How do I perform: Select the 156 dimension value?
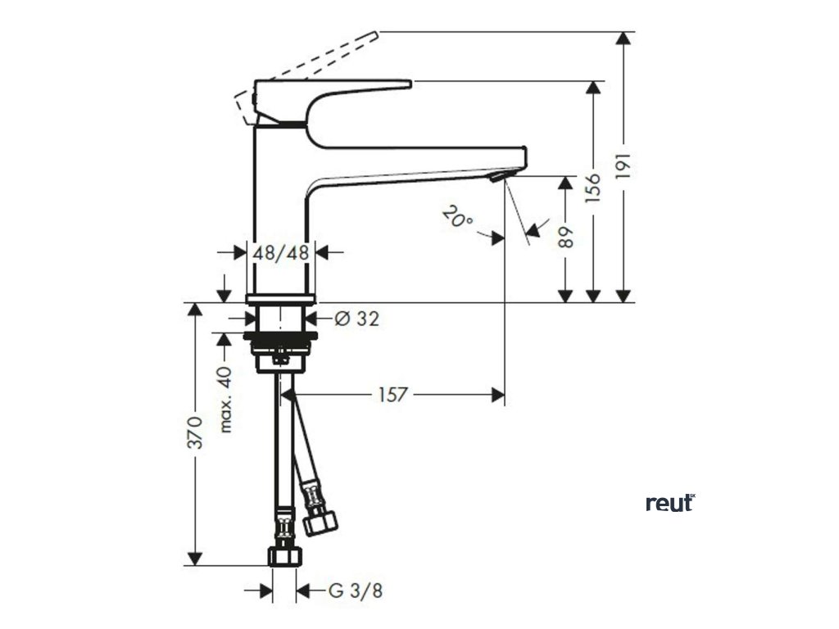(x=594, y=188)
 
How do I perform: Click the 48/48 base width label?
(x=281, y=252)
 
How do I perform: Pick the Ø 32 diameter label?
(x=356, y=319)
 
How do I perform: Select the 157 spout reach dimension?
(x=393, y=395)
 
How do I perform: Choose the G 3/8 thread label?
(x=354, y=590)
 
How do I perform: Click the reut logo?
(x=669, y=502)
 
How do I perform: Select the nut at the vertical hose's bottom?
(x=283, y=556)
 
